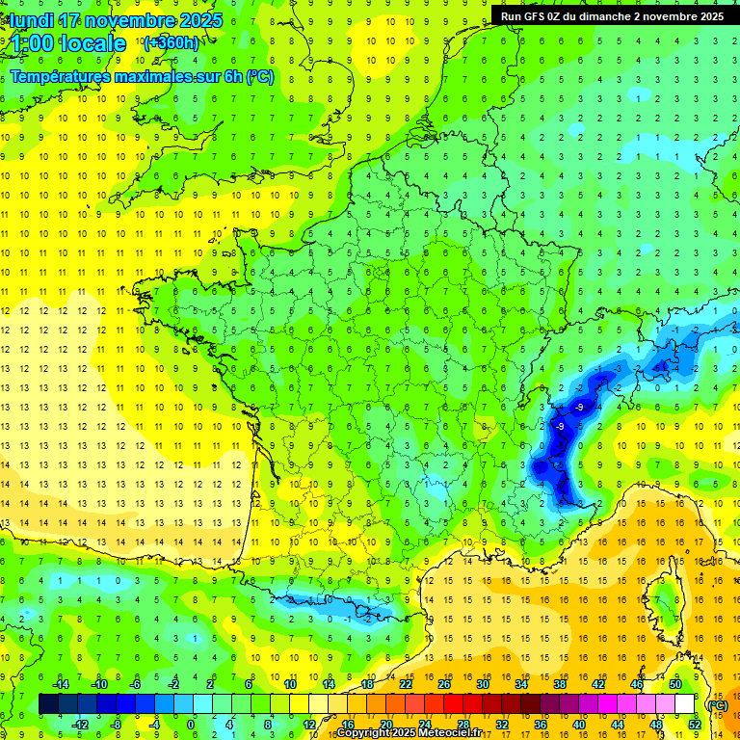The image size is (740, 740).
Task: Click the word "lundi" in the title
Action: [30, 20]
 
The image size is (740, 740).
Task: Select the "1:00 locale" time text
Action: [68, 43]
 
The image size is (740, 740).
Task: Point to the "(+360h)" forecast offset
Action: [171, 42]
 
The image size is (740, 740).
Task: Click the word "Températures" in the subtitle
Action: [57, 76]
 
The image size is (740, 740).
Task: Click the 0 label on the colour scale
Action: [191, 724]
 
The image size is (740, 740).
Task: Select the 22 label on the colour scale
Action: [406, 684]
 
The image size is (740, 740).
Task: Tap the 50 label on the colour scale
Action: [674, 684]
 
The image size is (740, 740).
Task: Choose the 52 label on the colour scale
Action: [694, 724]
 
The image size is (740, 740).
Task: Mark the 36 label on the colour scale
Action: [540, 724]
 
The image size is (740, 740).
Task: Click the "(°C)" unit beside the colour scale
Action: [717, 704]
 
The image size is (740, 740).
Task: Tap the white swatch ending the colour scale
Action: [684, 704]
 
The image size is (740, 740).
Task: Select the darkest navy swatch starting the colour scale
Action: [48, 704]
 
